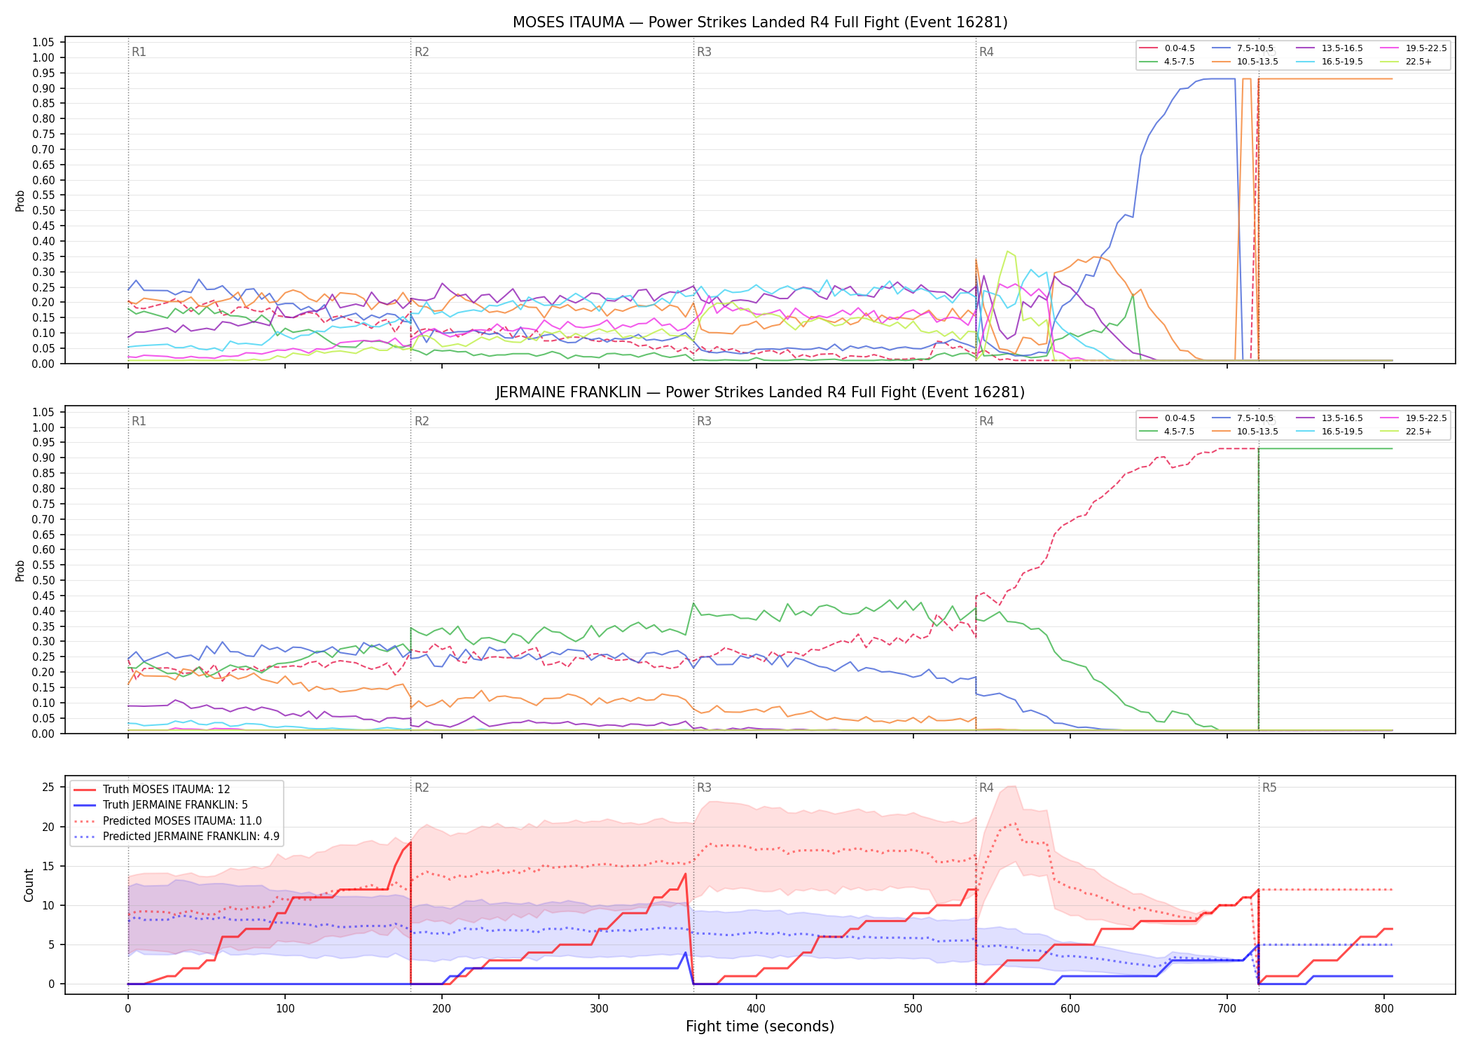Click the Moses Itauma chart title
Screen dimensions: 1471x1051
coord(760,22)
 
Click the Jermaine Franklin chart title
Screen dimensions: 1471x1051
coord(760,392)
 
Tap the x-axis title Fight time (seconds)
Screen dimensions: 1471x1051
coord(760,1026)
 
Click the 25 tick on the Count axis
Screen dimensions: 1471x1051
coord(48,788)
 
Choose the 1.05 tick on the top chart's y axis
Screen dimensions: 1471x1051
coord(43,43)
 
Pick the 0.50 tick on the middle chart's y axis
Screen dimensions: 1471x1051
coord(43,581)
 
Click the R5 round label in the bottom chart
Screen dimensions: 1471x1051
coord(1269,788)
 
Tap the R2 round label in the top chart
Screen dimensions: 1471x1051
coord(422,52)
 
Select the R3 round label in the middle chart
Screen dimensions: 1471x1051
coord(704,421)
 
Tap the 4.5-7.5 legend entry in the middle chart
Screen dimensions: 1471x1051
coord(1166,432)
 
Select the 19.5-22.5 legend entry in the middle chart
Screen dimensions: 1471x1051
coord(1414,418)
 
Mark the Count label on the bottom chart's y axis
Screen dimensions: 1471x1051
coord(29,885)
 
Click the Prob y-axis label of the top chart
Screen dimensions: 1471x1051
coord(20,201)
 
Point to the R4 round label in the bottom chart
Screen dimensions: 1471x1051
coord(986,788)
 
